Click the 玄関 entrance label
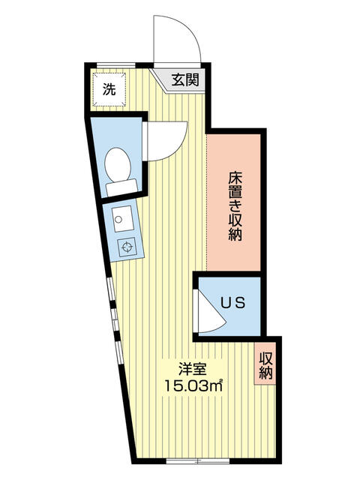click(x=184, y=80)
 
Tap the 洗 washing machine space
click(x=109, y=91)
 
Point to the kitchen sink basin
click(x=121, y=218)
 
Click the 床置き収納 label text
click(x=234, y=206)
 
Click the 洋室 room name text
click(x=192, y=369)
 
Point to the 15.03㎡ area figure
click(x=193, y=386)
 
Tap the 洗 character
click(x=109, y=91)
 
